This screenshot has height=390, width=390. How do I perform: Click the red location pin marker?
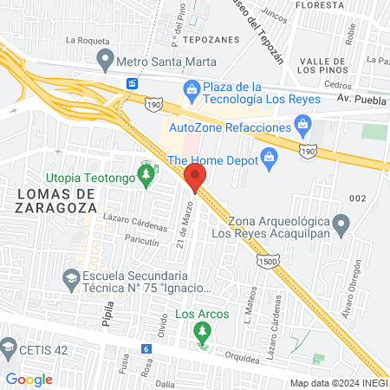(x=194, y=177)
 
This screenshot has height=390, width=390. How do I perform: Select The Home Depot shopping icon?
(x=269, y=156)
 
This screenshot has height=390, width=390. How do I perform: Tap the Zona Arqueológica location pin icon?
(x=342, y=227)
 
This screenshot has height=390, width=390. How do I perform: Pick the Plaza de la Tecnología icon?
(x=191, y=88)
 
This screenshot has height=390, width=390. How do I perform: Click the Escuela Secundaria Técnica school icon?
(x=71, y=278)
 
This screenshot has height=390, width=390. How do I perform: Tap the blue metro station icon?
(x=133, y=83)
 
